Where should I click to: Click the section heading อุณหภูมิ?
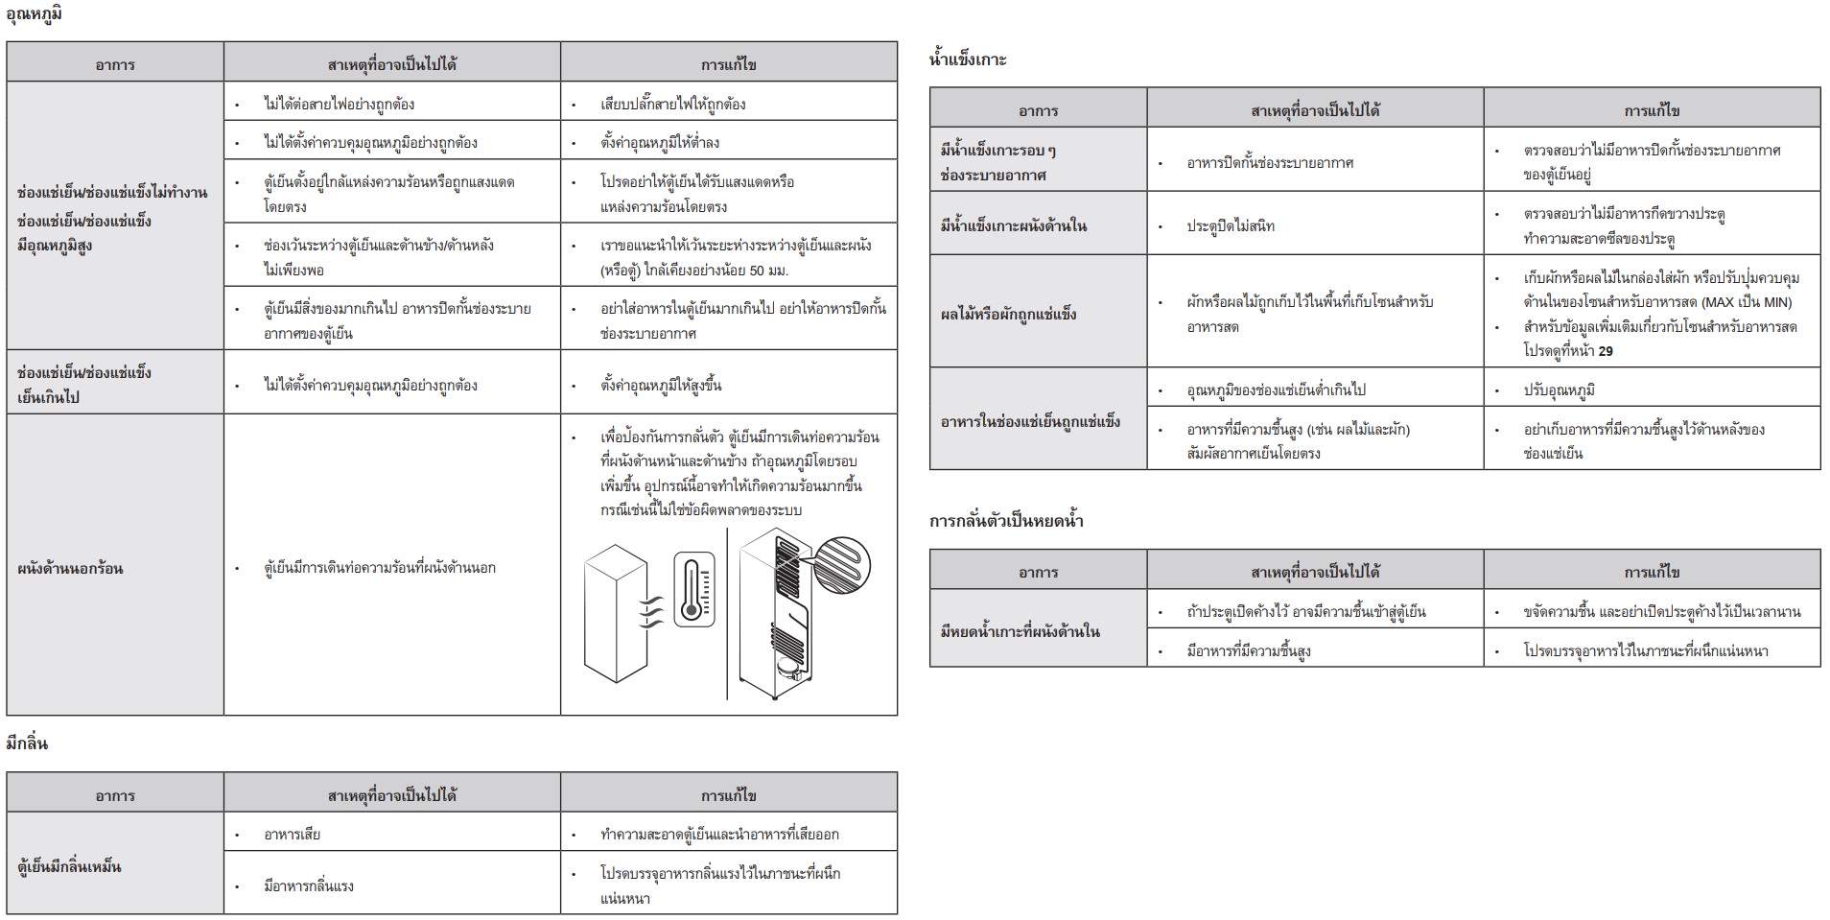pos(35,14)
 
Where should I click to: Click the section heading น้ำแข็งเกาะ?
pos(968,59)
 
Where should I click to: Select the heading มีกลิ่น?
pos(27,743)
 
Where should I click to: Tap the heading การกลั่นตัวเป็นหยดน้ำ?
pos(1006,521)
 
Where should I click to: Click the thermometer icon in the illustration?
pos(693,589)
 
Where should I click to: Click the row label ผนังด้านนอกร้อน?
pos(70,568)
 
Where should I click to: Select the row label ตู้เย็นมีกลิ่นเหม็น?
pos(70,866)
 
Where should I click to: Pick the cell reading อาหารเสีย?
pos(293,834)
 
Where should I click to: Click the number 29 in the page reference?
pos(1606,351)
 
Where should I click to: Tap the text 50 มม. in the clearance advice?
pos(769,271)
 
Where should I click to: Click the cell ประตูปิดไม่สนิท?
pos(1231,226)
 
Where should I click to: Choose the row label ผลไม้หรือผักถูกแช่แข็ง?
pos(1008,314)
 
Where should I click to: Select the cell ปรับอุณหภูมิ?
pos(1560,390)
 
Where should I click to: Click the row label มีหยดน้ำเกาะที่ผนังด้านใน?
pos(1020,631)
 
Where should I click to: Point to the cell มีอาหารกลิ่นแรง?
pos(309,885)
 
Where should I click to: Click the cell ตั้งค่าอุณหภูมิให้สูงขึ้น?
pos(661,386)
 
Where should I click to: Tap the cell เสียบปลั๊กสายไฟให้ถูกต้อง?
pos(672,104)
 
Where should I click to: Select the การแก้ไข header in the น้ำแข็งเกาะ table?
pos(1652,111)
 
